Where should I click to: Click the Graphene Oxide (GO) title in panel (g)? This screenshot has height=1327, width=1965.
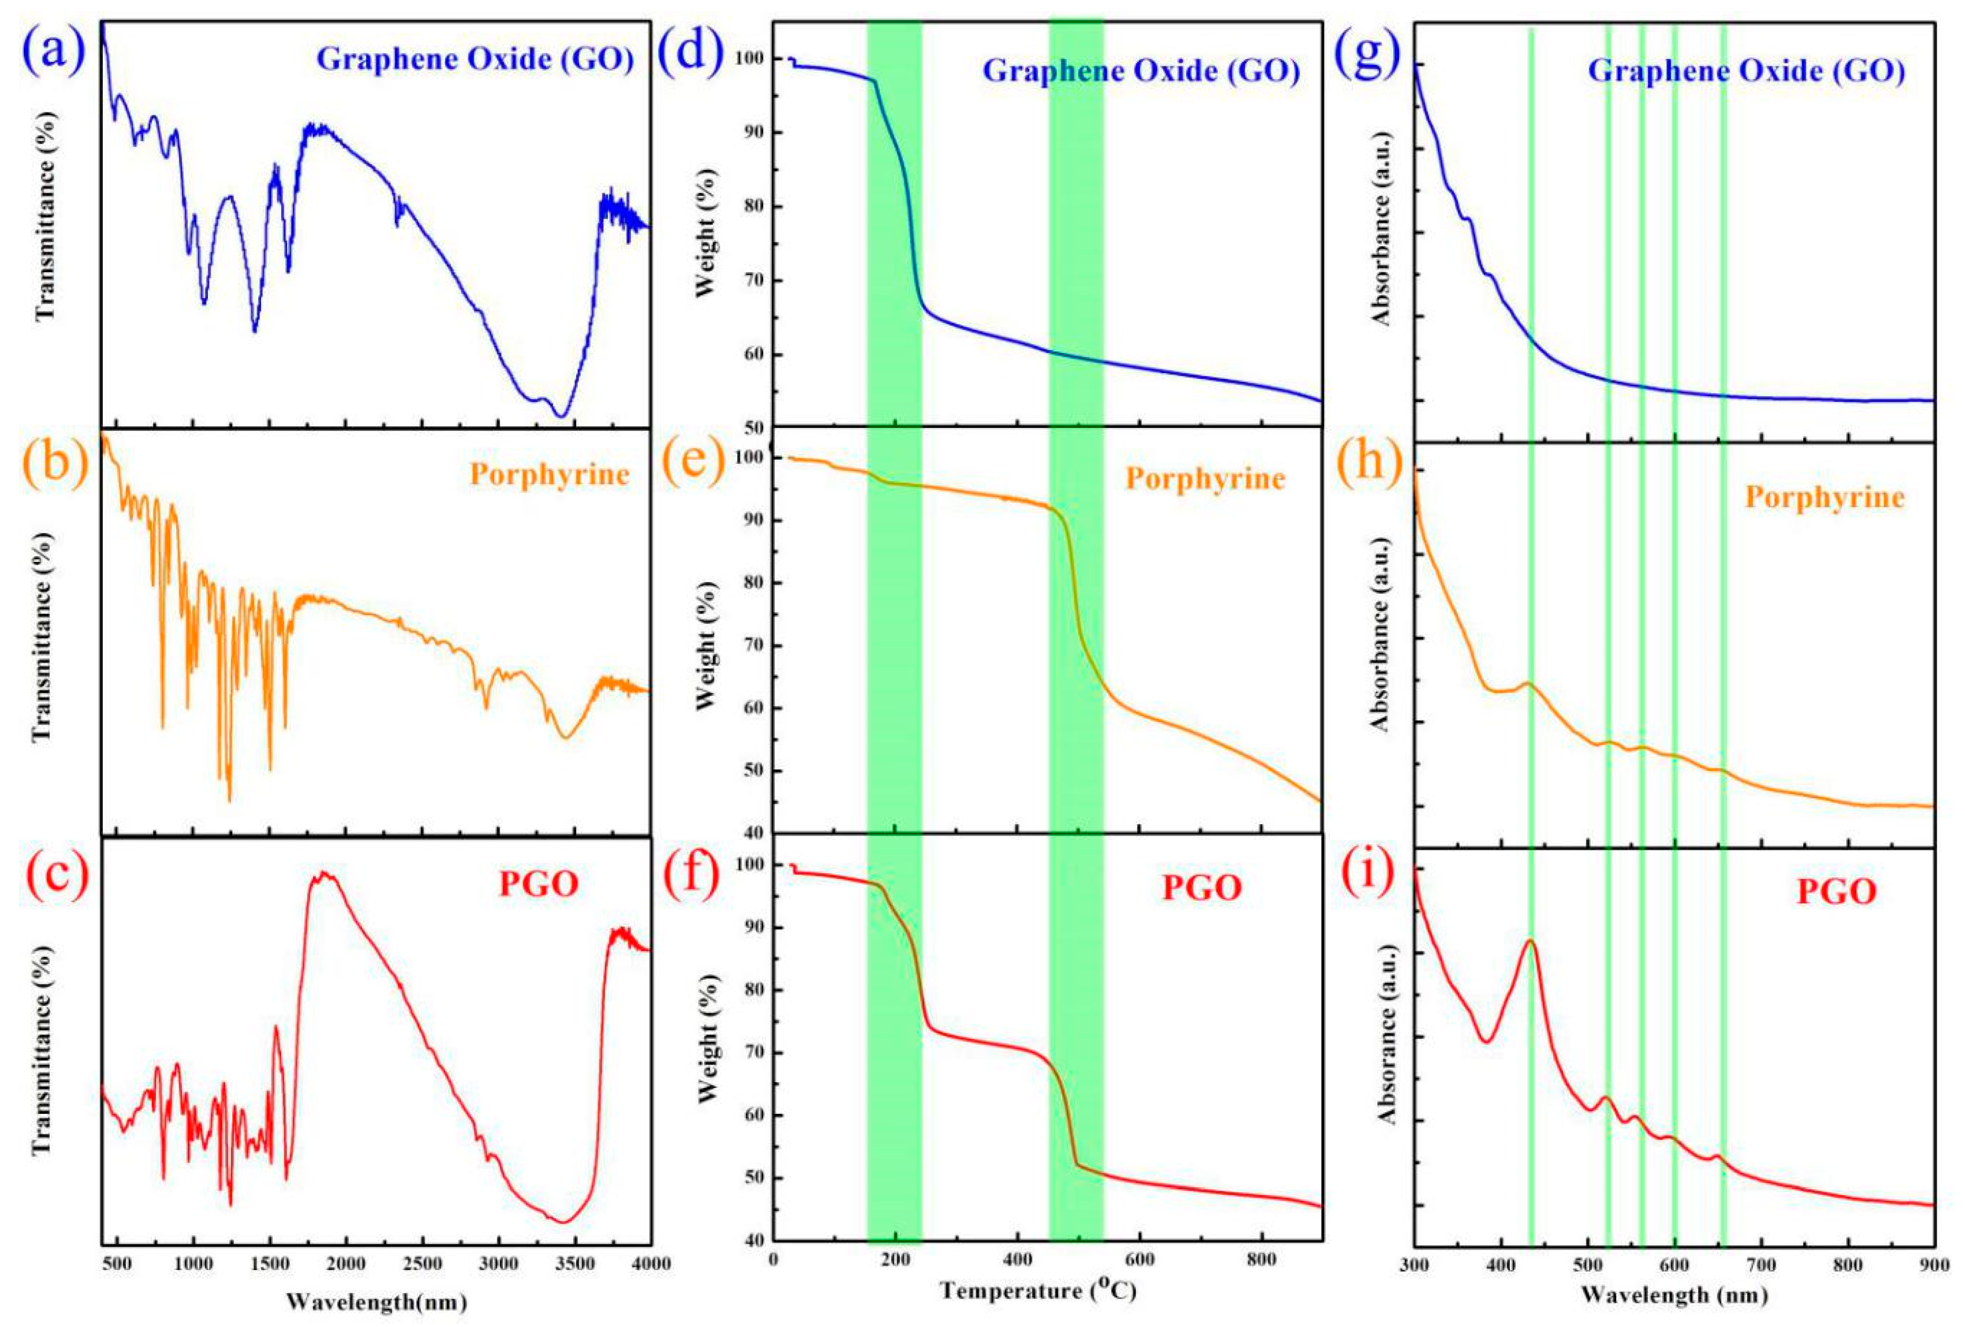(1746, 70)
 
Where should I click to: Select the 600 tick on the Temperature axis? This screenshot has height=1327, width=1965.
(1140, 1259)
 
